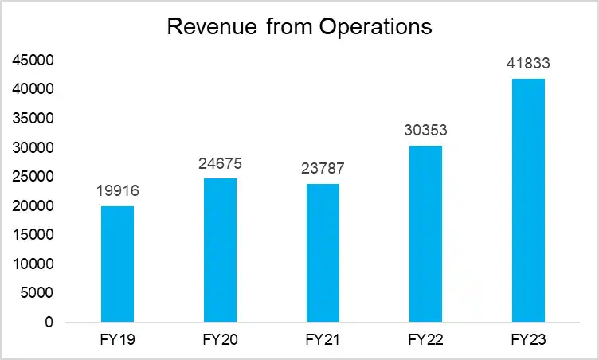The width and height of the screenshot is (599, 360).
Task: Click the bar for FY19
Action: pyautogui.click(x=117, y=264)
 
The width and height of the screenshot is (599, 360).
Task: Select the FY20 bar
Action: pyautogui.click(x=220, y=250)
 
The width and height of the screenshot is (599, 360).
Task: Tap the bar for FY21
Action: pyautogui.click(x=323, y=253)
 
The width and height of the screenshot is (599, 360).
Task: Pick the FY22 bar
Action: pyautogui.click(x=425, y=234)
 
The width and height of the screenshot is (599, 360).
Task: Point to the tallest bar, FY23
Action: pyautogui.click(x=528, y=201)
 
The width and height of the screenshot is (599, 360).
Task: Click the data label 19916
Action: pyautogui.click(x=117, y=192)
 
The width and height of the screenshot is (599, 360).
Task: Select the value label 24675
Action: pyautogui.click(x=220, y=164)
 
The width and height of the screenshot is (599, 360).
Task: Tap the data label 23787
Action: pyautogui.click(x=323, y=170)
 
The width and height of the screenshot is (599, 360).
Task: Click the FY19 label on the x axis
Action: pyautogui.click(x=117, y=341)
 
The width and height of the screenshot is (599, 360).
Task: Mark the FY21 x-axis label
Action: pyautogui.click(x=323, y=341)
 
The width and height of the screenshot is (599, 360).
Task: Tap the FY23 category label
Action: pyautogui.click(x=528, y=341)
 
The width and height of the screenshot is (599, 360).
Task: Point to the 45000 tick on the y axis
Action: pyautogui.click(x=33, y=61)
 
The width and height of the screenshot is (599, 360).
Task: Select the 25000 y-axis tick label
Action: pyautogui.click(x=33, y=177)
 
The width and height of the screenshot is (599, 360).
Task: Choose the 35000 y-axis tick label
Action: pyautogui.click(x=33, y=119)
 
